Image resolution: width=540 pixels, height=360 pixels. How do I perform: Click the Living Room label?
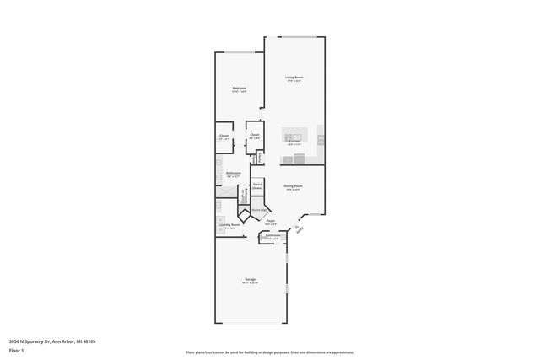coord(294,77)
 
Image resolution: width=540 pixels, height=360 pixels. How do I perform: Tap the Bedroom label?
coord(240,89)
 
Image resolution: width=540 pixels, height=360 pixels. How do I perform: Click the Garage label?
coord(251,279)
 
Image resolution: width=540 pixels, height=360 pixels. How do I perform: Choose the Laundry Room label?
coord(229,225)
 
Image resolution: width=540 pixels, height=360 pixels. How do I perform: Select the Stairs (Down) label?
coord(257,185)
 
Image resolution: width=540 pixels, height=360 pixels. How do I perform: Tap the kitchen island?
coord(294,137)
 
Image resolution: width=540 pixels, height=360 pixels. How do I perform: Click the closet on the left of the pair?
coord(224,137)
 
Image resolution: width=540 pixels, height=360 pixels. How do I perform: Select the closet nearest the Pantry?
coord(254,136)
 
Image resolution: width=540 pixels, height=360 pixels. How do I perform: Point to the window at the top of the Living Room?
coord(299,36)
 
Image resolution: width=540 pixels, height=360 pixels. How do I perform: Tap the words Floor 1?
coord(17,350)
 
